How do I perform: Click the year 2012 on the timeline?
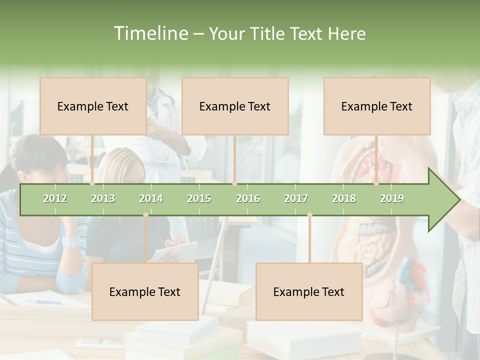click(55, 198)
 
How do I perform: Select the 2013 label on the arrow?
click(103, 198)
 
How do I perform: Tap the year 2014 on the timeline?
click(151, 198)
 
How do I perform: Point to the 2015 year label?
click(199, 198)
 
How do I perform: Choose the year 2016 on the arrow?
click(248, 198)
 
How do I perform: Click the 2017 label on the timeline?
click(296, 198)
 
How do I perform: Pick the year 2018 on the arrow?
click(344, 198)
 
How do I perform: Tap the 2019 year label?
click(392, 198)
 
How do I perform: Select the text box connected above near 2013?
click(93, 106)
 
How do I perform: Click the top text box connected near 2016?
click(235, 106)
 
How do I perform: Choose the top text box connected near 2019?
click(377, 106)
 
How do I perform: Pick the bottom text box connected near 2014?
click(145, 291)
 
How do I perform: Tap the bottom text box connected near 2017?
click(309, 291)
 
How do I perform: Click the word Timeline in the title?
click(150, 33)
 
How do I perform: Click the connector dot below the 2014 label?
click(145, 215)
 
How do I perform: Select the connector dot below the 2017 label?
click(309, 215)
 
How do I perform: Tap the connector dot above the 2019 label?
click(376, 183)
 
